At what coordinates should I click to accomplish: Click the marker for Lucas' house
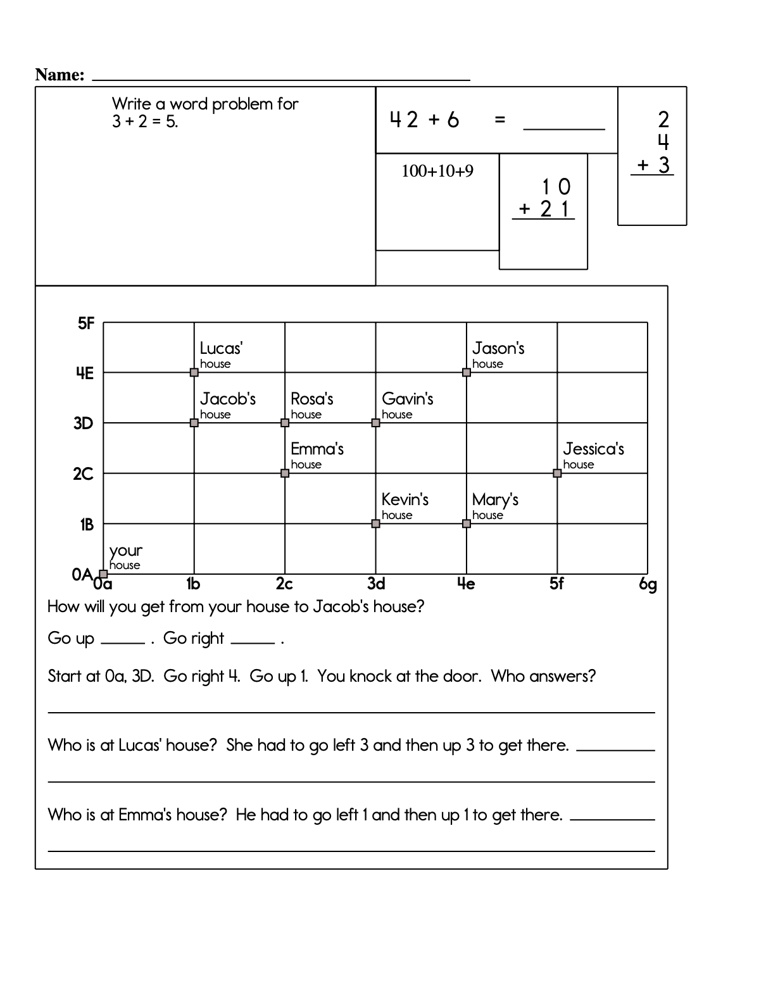pyautogui.click(x=194, y=372)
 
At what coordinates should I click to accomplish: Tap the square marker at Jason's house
pyautogui.click(x=467, y=372)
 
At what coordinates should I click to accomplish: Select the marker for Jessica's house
pyautogui.click(x=557, y=473)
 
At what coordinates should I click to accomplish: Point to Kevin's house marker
pyautogui.click(x=375, y=523)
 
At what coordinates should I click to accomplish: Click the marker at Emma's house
pyautogui.click(x=285, y=473)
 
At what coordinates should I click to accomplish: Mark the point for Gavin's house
pyautogui.click(x=375, y=423)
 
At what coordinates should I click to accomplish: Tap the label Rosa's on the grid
pyautogui.click(x=311, y=399)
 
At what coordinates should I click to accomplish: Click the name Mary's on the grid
pyautogui.click(x=495, y=499)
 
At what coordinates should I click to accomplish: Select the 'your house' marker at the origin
pyautogui.click(x=104, y=573)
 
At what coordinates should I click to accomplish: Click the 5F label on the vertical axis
pyautogui.click(x=86, y=324)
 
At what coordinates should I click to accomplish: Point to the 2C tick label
pyautogui.click(x=83, y=474)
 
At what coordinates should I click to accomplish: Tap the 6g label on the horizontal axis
pyautogui.click(x=648, y=584)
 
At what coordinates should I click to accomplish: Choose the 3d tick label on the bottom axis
pyautogui.click(x=376, y=584)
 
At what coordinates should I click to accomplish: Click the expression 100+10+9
pyautogui.click(x=437, y=171)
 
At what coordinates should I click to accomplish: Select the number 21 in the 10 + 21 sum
pyautogui.click(x=555, y=209)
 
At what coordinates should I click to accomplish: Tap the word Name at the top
pyautogui.click(x=60, y=75)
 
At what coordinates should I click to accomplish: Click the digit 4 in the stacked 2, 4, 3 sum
pyautogui.click(x=663, y=142)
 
